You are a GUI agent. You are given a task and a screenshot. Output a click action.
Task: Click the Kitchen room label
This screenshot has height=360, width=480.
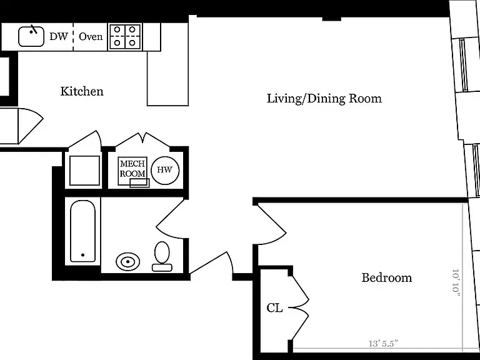[x=82, y=91]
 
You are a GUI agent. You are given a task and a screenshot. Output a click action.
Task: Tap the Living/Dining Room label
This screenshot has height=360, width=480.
[x=324, y=99]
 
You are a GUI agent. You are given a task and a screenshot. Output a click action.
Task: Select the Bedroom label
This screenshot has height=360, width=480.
[x=387, y=277]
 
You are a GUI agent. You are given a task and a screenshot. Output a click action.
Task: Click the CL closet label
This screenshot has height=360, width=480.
[x=274, y=308]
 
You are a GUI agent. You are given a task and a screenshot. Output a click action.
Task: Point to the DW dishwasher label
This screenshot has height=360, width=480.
[x=59, y=36]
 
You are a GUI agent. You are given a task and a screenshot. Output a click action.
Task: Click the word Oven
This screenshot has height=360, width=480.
[x=91, y=36]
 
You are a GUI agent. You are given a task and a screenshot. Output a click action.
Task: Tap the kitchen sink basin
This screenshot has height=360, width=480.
[x=31, y=37]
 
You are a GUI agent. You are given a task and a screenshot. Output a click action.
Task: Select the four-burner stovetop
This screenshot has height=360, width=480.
[x=125, y=37]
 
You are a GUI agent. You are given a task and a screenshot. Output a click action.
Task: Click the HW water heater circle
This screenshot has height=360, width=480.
[x=165, y=170]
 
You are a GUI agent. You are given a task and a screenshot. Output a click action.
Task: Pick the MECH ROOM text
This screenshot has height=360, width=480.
[x=132, y=168]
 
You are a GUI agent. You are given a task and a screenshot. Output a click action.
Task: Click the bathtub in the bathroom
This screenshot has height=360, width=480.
[x=82, y=231]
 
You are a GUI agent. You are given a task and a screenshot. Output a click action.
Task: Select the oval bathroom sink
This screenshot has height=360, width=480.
[x=127, y=262]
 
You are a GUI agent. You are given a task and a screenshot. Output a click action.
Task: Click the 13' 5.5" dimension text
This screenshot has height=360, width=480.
[x=382, y=343]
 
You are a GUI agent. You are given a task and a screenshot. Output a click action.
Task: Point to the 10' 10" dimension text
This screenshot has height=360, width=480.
[x=456, y=282]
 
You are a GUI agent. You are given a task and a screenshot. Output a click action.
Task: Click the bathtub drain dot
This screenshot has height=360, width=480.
[x=82, y=255]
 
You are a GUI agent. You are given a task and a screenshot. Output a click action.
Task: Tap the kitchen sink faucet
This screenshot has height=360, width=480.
[x=33, y=30]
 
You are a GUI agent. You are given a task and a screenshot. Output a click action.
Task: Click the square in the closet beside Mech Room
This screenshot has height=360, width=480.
[x=84, y=171]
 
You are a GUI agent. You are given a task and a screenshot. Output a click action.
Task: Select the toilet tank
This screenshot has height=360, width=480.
[x=162, y=267]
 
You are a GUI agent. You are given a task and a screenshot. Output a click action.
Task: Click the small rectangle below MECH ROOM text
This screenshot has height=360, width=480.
[x=139, y=182]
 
